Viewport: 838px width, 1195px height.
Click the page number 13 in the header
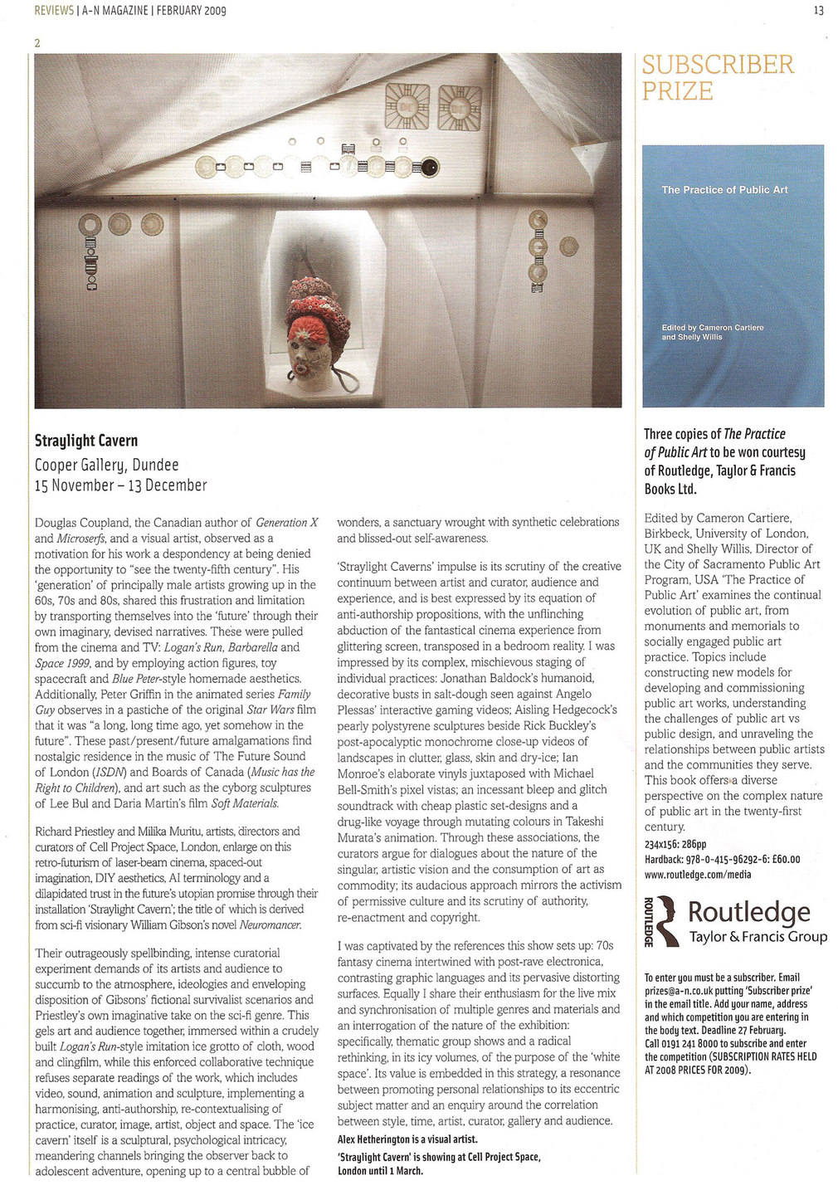(819, 11)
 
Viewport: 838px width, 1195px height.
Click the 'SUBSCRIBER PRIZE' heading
(718, 77)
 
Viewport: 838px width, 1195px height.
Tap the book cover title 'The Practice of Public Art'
(724, 190)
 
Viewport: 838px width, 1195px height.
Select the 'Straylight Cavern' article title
(86, 441)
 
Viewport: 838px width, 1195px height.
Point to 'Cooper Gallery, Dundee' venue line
(106, 465)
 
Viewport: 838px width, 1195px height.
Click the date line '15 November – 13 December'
(120, 485)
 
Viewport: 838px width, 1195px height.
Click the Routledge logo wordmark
(748, 912)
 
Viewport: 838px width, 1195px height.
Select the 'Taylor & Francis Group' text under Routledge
(758, 937)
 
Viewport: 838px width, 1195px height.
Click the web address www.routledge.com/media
(697, 874)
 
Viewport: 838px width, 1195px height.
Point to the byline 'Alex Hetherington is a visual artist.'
(407, 1139)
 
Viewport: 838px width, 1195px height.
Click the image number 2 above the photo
(37, 43)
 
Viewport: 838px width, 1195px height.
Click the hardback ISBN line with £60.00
(722, 859)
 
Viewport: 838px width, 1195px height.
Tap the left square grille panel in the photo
(407, 106)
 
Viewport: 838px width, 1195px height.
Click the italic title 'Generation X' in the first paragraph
(286, 523)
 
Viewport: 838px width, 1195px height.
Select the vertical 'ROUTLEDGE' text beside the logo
(650, 920)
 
